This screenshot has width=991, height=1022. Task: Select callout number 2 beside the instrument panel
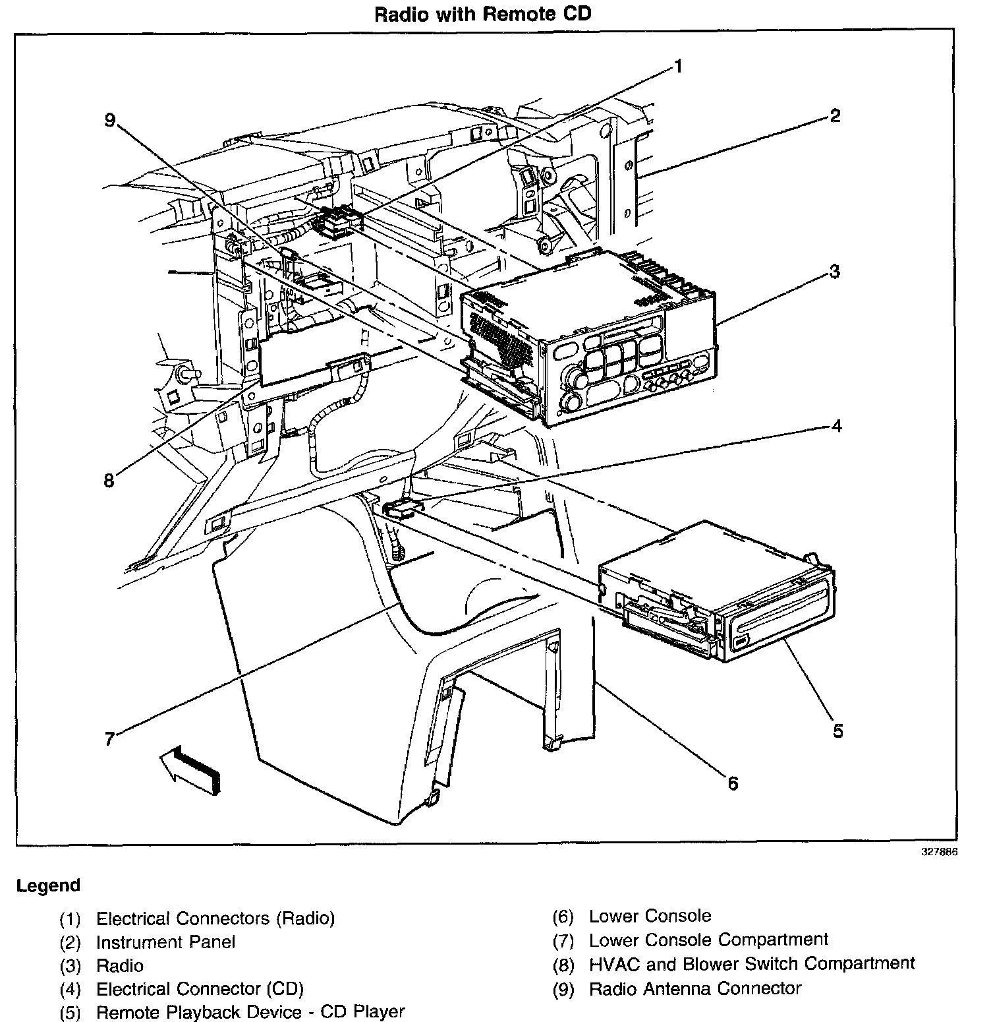pyautogui.click(x=834, y=116)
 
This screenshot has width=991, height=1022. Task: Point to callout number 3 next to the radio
pyautogui.click(x=834, y=271)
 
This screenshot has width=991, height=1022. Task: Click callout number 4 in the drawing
pyautogui.click(x=835, y=426)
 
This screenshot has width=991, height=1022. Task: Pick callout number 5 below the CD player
pyautogui.click(x=837, y=731)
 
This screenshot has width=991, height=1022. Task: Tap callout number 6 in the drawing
pyautogui.click(x=733, y=783)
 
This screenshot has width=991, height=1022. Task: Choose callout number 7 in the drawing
pyautogui.click(x=110, y=738)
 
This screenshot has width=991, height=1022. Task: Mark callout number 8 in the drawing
pyautogui.click(x=109, y=480)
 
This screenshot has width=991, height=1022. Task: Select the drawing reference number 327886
pyautogui.click(x=939, y=852)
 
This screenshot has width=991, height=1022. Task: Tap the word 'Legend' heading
pyautogui.click(x=48, y=886)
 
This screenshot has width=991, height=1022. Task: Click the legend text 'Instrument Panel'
pyautogui.click(x=165, y=942)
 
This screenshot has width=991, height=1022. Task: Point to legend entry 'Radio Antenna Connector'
pyautogui.click(x=694, y=988)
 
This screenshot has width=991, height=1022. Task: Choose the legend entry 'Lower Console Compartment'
pyautogui.click(x=708, y=940)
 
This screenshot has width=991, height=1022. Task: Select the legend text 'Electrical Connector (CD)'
pyautogui.click(x=200, y=989)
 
